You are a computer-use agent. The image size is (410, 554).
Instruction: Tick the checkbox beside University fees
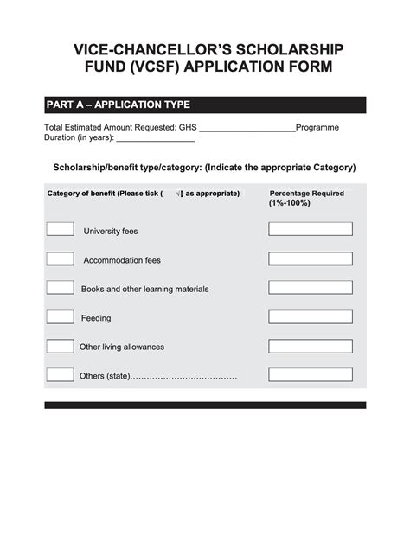click(x=60, y=229)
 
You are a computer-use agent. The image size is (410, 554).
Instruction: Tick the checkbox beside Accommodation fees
click(x=60, y=258)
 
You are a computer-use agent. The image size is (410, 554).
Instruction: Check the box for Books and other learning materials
click(x=60, y=287)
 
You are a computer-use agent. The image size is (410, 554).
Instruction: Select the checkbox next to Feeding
click(x=60, y=316)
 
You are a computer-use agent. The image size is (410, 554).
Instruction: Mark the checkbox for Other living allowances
click(x=60, y=346)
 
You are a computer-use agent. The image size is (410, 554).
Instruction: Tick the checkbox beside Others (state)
click(x=60, y=374)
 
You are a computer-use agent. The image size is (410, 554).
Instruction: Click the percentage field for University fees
click(x=310, y=229)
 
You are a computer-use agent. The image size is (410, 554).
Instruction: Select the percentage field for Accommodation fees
click(x=310, y=258)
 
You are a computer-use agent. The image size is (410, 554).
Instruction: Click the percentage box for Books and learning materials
click(x=310, y=287)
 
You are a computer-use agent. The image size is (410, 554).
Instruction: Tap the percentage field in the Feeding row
click(x=310, y=316)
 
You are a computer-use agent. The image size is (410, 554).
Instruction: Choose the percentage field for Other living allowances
click(x=310, y=346)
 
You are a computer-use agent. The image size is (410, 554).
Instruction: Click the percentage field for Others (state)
click(x=310, y=374)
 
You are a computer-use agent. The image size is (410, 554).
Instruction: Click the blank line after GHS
click(x=247, y=128)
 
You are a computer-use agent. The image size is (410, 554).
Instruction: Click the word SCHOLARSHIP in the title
click(x=285, y=49)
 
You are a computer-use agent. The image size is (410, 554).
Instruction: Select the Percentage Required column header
click(x=306, y=198)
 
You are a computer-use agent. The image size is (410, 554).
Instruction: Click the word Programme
click(x=317, y=127)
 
